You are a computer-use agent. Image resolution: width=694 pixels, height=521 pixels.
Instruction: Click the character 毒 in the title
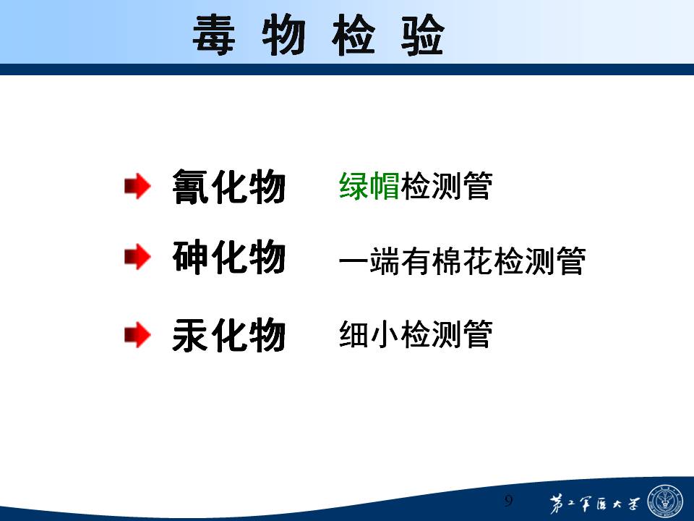[214, 35]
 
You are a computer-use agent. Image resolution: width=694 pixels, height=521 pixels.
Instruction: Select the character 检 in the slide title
[354, 35]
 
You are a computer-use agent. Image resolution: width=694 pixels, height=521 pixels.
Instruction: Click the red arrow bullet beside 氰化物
[137, 186]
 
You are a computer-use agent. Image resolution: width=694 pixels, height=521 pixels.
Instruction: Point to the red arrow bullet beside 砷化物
[137, 257]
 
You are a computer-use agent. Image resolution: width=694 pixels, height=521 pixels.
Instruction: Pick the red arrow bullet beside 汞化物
[137, 334]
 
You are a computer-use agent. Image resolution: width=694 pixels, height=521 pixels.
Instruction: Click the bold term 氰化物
[229, 187]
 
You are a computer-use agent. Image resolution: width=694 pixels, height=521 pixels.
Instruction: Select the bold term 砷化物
[229, 257]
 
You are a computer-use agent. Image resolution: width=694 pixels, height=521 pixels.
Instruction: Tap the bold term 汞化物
[229, 335]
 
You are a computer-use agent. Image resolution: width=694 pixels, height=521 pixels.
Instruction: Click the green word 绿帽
[369, 186]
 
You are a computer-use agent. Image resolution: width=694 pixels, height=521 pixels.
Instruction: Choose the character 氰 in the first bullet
[191, 187]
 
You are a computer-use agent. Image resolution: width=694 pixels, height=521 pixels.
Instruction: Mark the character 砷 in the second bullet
[191, 257]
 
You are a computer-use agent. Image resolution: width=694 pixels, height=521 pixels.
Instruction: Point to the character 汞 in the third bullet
[191, 335]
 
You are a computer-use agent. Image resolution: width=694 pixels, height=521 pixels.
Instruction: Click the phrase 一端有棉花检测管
[463, 261]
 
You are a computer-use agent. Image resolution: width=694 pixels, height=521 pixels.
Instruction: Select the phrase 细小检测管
[416, 334]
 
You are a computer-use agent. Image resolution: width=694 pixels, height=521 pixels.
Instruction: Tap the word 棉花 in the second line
[463, 261]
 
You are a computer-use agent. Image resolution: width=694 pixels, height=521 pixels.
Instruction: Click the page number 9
[508, 501]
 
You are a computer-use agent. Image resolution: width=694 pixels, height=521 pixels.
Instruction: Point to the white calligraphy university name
[594, 504]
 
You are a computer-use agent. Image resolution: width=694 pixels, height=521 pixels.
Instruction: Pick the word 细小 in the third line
[369, 334]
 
